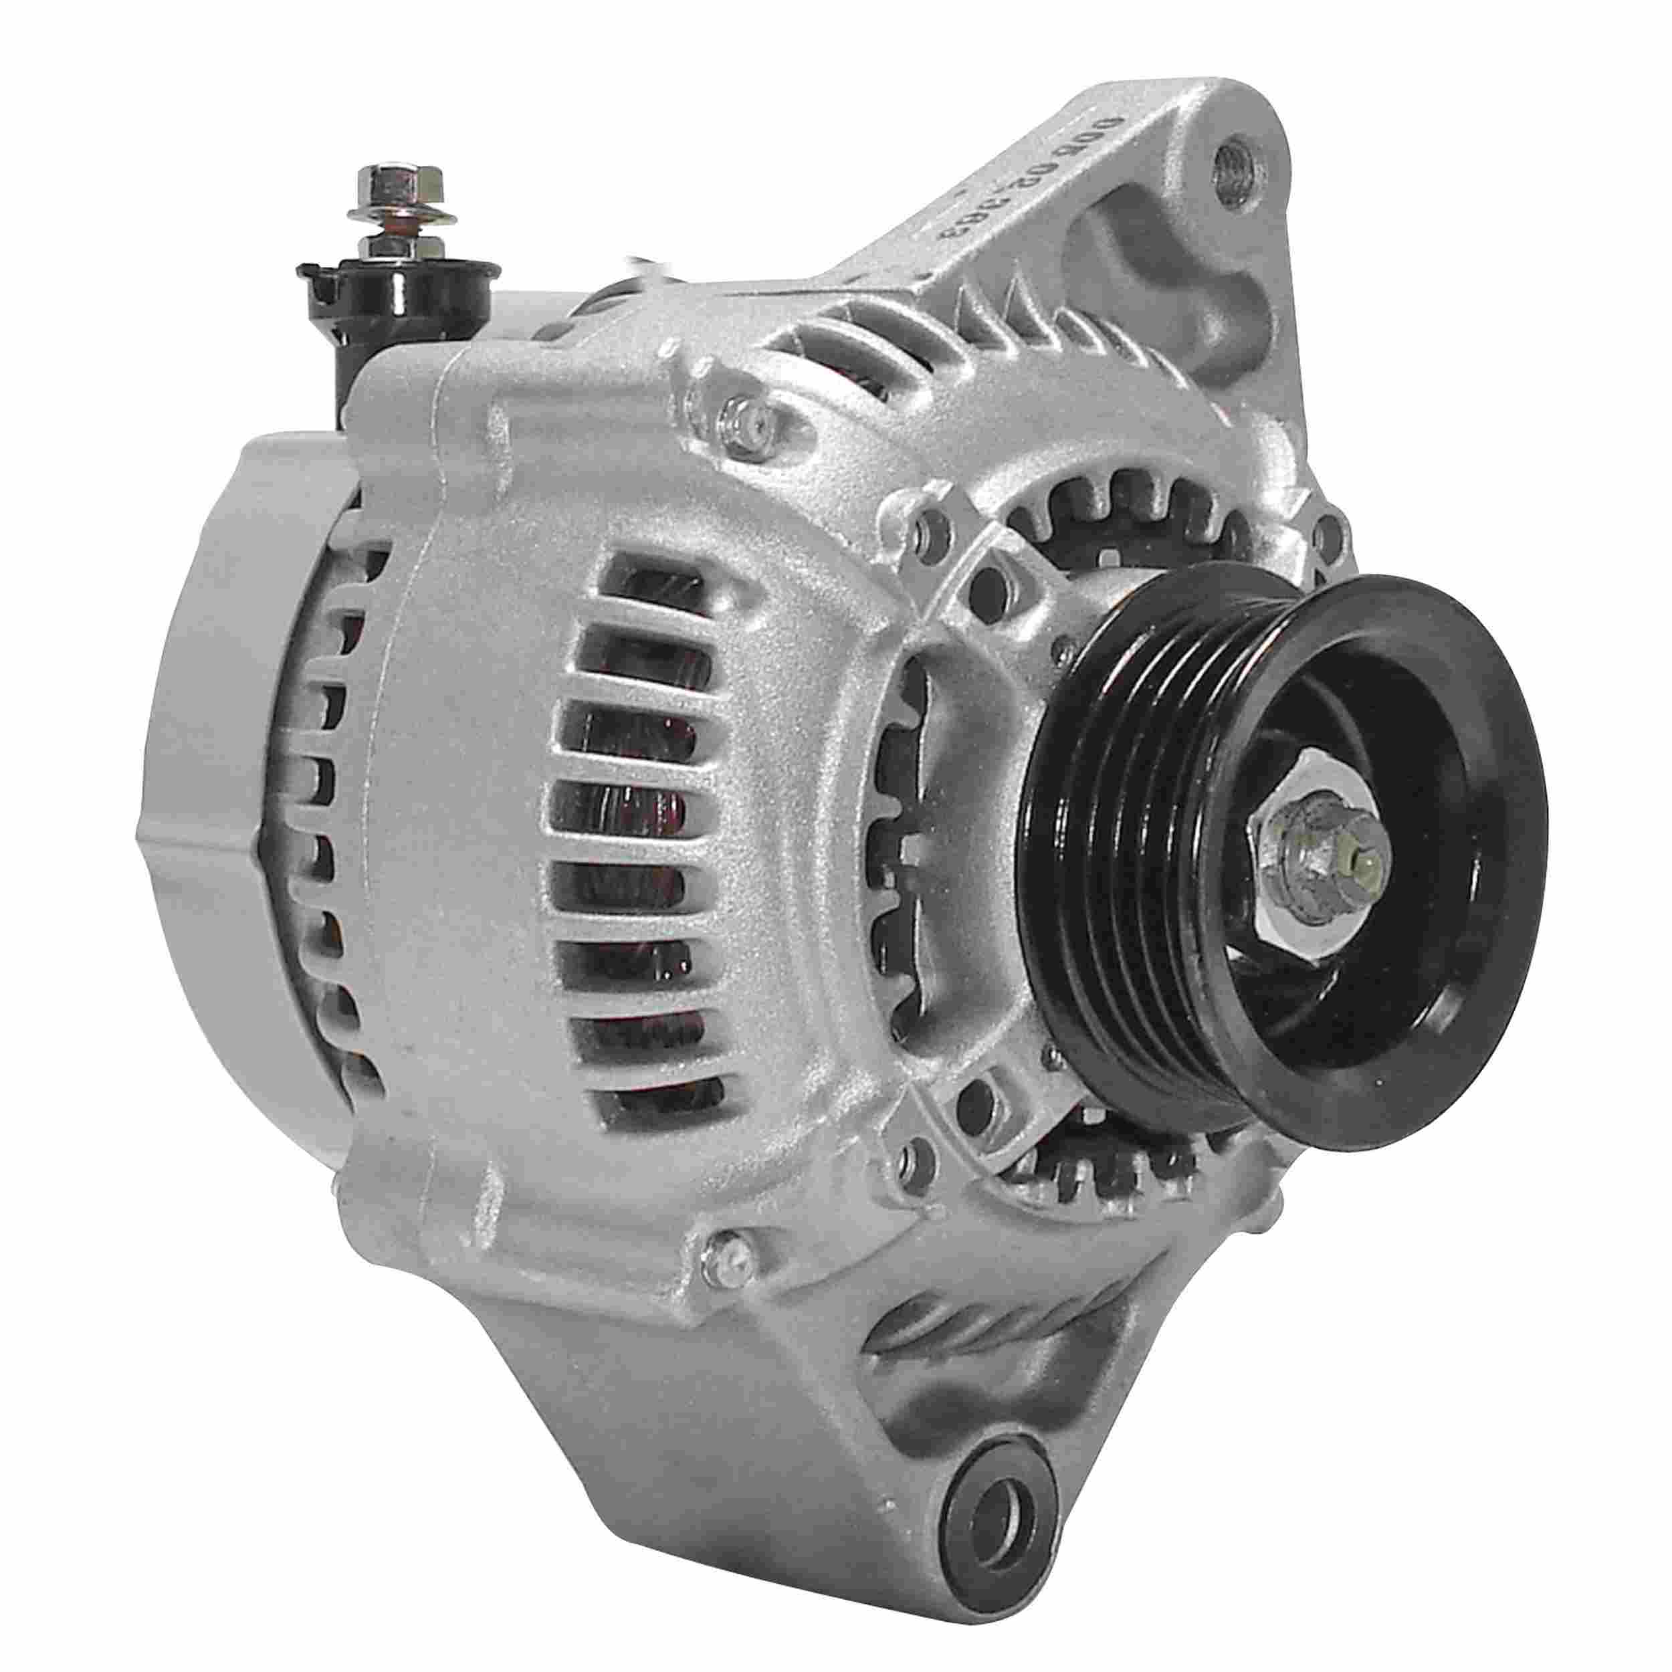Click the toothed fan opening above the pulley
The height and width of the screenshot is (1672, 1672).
(x=1116, y=519)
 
